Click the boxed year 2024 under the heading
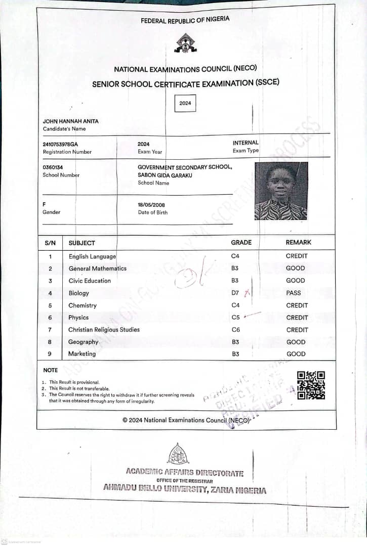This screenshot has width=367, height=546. pyautogui.click(x=185, y=103)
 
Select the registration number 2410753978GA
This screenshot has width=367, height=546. pyautogui.click(x=61, y=144)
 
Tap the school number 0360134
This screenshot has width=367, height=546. pyautogui.click(x=53, y=167)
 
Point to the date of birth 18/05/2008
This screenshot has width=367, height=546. pyautogui.click(x=152, y=205)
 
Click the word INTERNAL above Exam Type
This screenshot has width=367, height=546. pyautogui.click(x=246, y=143)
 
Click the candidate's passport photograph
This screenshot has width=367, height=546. pyautogui.click(x=281, y=191)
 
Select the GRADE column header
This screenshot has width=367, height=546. pyautogui.click(x=241, y=243)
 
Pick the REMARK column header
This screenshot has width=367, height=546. pyautogui.click(x=298, y=243)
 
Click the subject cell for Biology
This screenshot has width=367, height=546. pyautogui.click(x=79, y=293)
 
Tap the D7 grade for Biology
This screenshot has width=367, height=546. pyautogui.click(x=235, y=293)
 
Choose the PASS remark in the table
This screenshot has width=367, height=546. pyautogui.click(x=293, y=293)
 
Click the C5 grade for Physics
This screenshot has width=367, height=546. pyautogui.click(x=235, y=317)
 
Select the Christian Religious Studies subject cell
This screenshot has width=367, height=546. pyautogui.click(x=104, y=330)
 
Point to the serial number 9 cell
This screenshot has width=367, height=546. pyautogui.click(x=50, y=354)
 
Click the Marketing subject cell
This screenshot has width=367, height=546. pyautogui.click(x=82, y=354)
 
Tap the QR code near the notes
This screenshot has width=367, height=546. pyautogui.click(x=311, y=385)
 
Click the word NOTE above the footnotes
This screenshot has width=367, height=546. pyautogui.click(x=51, y=370)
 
